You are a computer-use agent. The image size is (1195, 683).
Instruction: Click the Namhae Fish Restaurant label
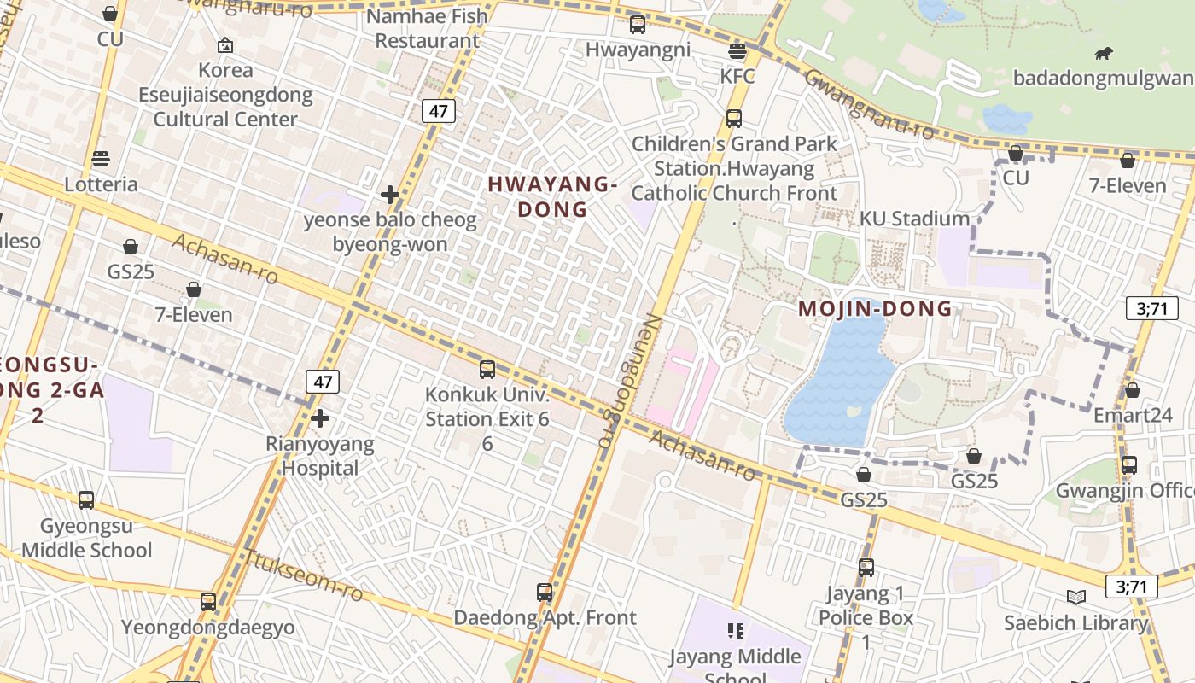click(427, 28)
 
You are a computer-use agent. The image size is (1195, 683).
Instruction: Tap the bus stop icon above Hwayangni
click(637, 24)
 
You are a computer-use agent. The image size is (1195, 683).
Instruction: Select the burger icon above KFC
click(737, 51)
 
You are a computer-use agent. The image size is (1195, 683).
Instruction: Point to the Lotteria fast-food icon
click(101, 159)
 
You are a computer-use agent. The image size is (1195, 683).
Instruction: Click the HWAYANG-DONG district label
click(552, 196)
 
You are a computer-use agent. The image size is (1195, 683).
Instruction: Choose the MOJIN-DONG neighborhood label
click(875, 309)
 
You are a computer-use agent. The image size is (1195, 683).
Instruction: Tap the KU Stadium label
click(914, 219)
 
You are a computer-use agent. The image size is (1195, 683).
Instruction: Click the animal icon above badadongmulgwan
click(1103, 54)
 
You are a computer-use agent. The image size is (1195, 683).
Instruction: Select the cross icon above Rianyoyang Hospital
click(320, 418)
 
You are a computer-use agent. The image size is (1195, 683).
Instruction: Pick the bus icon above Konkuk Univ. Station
click(487, 370)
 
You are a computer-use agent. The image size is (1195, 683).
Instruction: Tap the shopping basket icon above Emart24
click(1132, 391)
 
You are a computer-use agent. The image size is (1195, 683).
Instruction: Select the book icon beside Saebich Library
click(1076, 597)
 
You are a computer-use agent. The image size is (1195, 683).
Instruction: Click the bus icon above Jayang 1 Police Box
click(866, 567)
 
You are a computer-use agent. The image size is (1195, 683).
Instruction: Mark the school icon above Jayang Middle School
click(736, 631)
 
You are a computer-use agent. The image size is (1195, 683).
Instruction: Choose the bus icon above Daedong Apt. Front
click(545, 592)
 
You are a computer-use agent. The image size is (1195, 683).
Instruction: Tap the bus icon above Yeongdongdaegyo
click(208, 601)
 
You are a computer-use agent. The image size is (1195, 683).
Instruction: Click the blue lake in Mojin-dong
click(841, 380)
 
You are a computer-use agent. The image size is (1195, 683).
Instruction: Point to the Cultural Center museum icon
click(225, 45)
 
